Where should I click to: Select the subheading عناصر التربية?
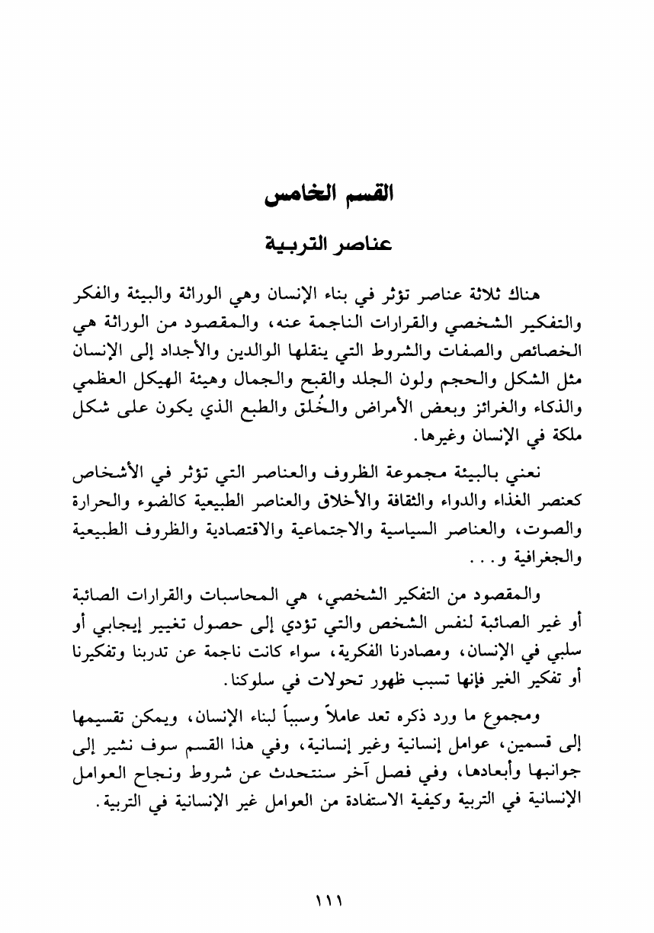tap(327, 245)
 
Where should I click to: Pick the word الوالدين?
tap(308, 354)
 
